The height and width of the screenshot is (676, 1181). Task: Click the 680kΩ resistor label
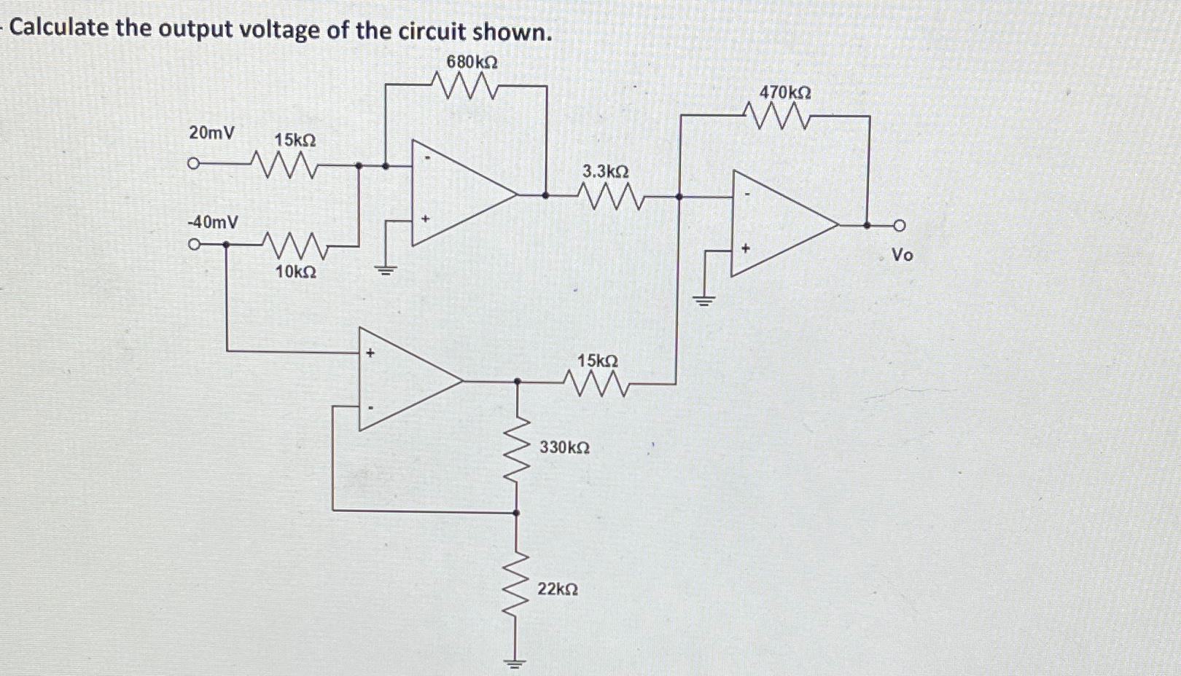[472, 62]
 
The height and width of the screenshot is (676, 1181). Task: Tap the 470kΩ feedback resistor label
[785, 93]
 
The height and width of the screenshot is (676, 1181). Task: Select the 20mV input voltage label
[211, 133]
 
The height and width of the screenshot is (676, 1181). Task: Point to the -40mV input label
[212, 221]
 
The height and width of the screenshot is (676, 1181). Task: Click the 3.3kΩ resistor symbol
[609, 196]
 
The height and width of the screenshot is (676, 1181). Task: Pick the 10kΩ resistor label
[295, 272]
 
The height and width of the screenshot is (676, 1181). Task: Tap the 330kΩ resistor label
[564, 447]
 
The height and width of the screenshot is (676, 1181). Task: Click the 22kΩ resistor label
[558, 589]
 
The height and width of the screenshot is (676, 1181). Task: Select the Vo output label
[902, 255]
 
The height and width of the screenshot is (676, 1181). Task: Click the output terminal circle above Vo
[900, 226]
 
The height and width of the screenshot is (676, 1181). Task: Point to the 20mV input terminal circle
[193, 164]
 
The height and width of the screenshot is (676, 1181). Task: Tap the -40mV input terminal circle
[193, 245]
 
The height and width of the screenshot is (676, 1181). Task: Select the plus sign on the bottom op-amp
[370, 353]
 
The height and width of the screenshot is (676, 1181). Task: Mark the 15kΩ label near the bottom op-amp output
[597, 361]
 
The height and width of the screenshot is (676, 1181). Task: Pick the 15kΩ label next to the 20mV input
[295, 140]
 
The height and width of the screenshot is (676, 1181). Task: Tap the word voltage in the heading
[302, 30]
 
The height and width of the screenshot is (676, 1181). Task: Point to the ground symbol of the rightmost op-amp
[704, 299]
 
